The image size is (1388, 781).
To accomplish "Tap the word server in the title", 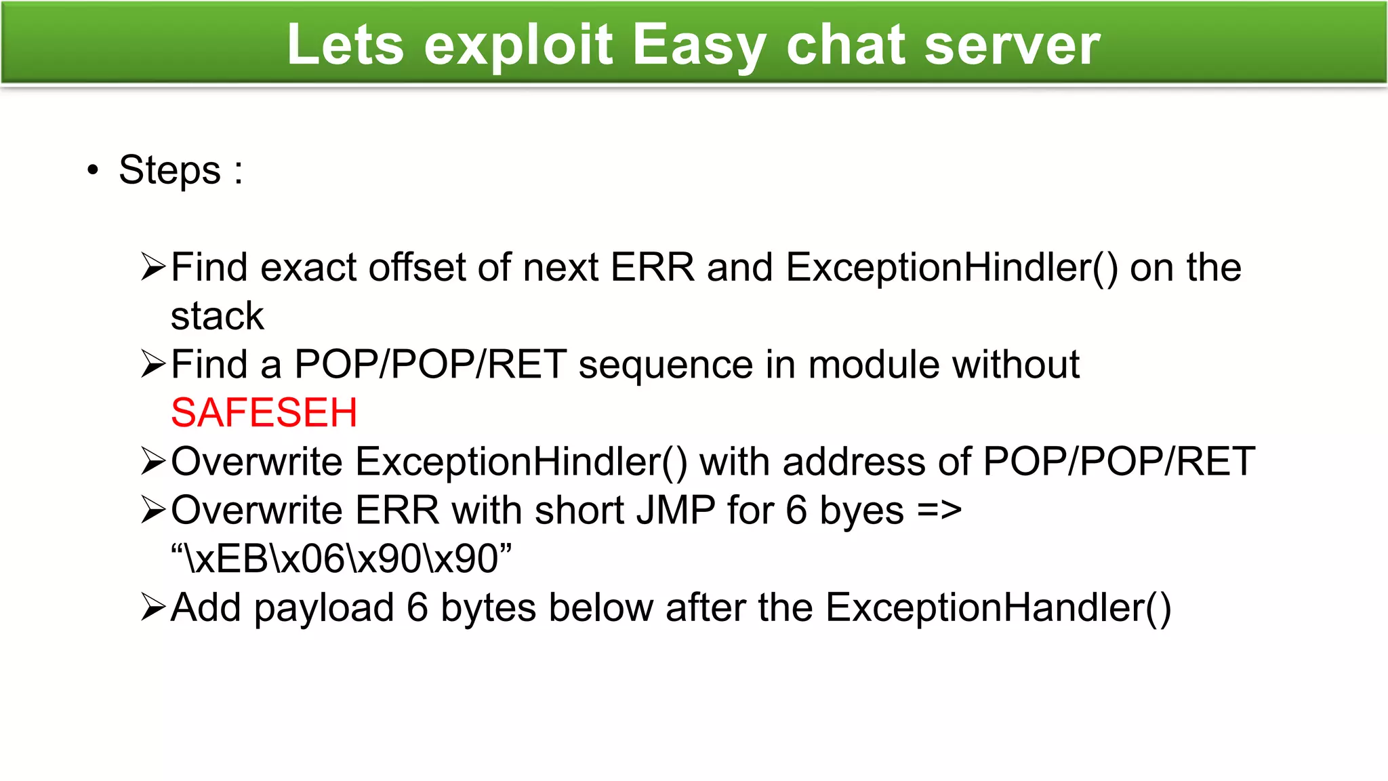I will click(x=1012, y=45).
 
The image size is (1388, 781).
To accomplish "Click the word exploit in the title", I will click(x=518, y=45).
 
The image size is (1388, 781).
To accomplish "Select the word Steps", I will click(x=169, y=169).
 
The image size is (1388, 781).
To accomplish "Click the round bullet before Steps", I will click(x=93, y=169).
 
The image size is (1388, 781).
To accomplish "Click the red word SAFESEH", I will click(x=264, y=412).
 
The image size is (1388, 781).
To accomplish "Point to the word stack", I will click(x=217, y=316).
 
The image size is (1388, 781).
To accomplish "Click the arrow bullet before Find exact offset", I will click(x=153, y=266).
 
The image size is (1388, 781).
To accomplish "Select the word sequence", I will click(x=665, y=365).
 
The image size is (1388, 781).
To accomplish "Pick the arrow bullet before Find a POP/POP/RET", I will click(x=153, y=364).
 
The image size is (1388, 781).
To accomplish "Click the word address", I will click(x=854, y=462).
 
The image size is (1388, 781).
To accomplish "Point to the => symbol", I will click(x=939, y=510).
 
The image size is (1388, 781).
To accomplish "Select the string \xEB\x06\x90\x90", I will click(x=341, y=559).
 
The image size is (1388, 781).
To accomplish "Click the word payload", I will click(x=324, y=608).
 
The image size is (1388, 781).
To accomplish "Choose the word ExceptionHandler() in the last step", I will click(x=998, y=607).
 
